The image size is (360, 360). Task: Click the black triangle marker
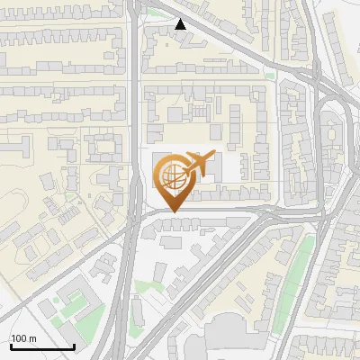(182, 25)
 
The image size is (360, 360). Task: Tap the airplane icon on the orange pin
(199, 166)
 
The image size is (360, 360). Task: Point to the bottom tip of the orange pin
(173, 212)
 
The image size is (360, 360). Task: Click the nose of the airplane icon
(213, 157)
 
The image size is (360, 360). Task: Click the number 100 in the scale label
(19, 338)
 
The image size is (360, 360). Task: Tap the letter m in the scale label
(32, 338)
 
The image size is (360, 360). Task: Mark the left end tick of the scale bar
(9, 346)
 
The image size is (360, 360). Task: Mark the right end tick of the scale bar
(74, 346)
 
